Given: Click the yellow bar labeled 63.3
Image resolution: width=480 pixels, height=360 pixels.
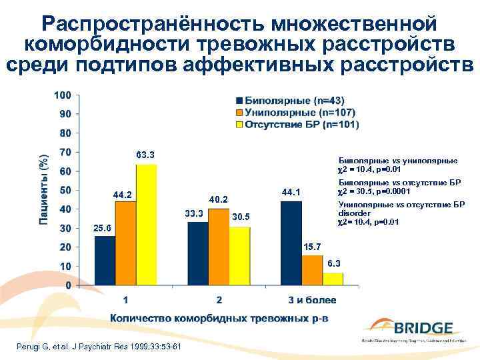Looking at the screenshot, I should coord(146,225).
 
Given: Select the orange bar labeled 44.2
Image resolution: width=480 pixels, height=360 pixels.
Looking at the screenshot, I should coord(125,243).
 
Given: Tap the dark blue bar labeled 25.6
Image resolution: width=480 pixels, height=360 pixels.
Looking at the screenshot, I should coord(105,260).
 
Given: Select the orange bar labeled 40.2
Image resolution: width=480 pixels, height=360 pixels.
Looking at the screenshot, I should coord(219,247).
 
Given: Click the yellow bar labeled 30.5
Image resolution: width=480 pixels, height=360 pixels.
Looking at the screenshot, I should coord(239,256).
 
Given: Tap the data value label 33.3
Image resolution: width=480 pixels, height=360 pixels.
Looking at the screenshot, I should coord(194,213).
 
